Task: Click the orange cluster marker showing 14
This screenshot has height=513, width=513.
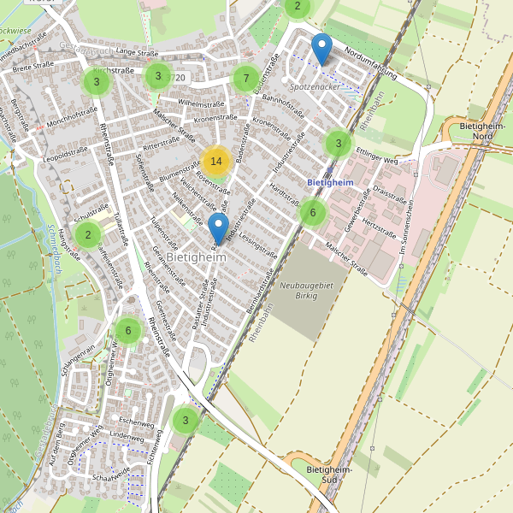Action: click(216, 161)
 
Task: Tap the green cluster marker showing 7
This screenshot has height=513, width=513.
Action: click(246, 80)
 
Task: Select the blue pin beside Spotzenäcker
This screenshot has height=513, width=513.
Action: click(321, 50)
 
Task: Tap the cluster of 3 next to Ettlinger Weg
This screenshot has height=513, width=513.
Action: click(339, 143)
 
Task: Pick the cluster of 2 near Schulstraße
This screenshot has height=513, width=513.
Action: click(87, 233)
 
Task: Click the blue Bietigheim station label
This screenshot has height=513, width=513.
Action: click(329, 182)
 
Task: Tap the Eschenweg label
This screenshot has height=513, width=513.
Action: click(136, 422)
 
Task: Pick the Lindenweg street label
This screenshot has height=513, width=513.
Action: click(127, 437)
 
